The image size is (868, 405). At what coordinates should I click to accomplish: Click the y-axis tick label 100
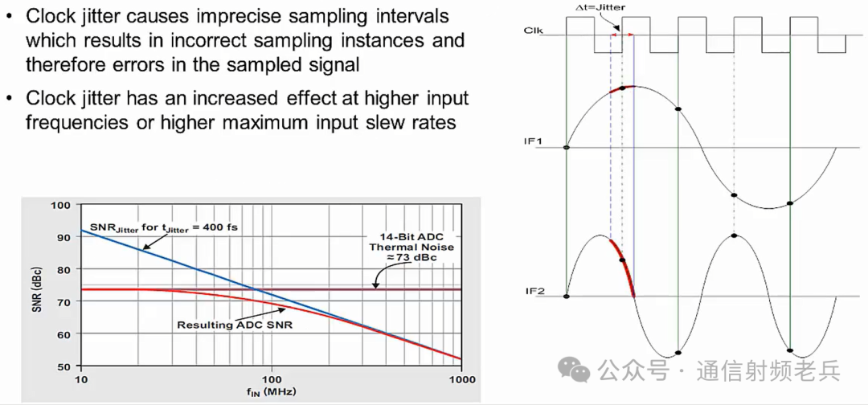[x=67, y=205]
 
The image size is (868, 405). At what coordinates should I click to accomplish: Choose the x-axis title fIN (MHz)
[x=272, y=391]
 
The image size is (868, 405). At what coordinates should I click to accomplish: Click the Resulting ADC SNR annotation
[x=235, y=325]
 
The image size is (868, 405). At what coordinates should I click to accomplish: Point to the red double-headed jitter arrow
[x=621, y=35]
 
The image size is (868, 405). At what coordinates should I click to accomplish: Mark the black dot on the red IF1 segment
[x=622, y=88]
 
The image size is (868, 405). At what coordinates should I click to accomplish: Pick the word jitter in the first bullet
[x=101, y=17]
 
